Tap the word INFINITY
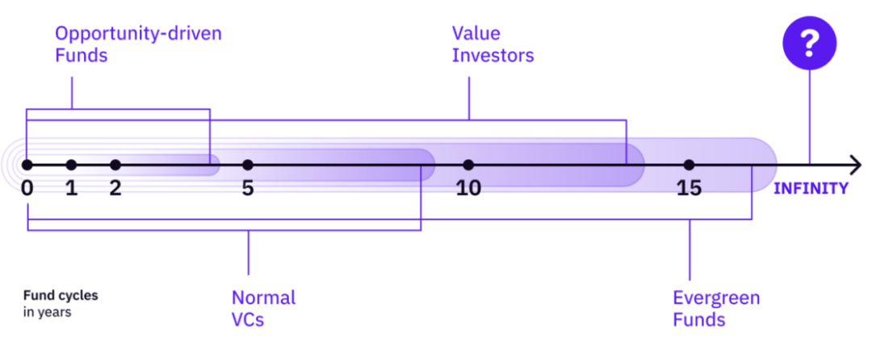(811, 189)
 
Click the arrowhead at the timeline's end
(856, 165)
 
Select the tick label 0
(27, 188)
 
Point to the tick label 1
(71, 188)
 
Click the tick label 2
(115, 188)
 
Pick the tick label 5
(247, 188)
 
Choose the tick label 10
(468, 188)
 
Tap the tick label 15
(689, 188)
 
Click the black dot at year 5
(247, 165)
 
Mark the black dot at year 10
(468, 165)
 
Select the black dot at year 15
(689, 165)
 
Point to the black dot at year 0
(27, 165)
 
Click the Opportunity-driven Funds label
(137, 45)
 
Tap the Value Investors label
(493, 45)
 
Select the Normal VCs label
(263, 308)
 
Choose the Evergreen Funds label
(716, 308)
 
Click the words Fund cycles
(61, 295)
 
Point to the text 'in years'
(48, 312)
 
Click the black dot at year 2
(115, 165)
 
